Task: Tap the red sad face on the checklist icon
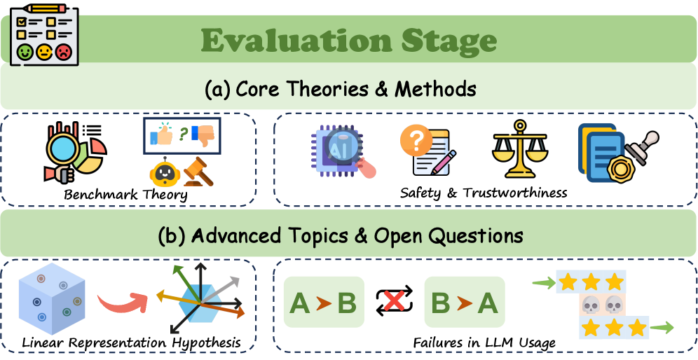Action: pyautogui.click(x=63, y=53)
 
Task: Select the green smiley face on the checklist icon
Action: pyautogui.click(x=25, y=53)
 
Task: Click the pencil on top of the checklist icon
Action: pyautogui.click(x=46, y=8)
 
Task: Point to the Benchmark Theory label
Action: pyautogui.click(x=125, y=195)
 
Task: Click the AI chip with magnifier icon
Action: pyautogui.click(x=342, y=151)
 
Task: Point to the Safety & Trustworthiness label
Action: pyautogui.click(x=484, y=193)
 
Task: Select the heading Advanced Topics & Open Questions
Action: pyautogui.click(x=341, y=236)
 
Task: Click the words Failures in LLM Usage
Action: pyautogui.click(x=484, y=343)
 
